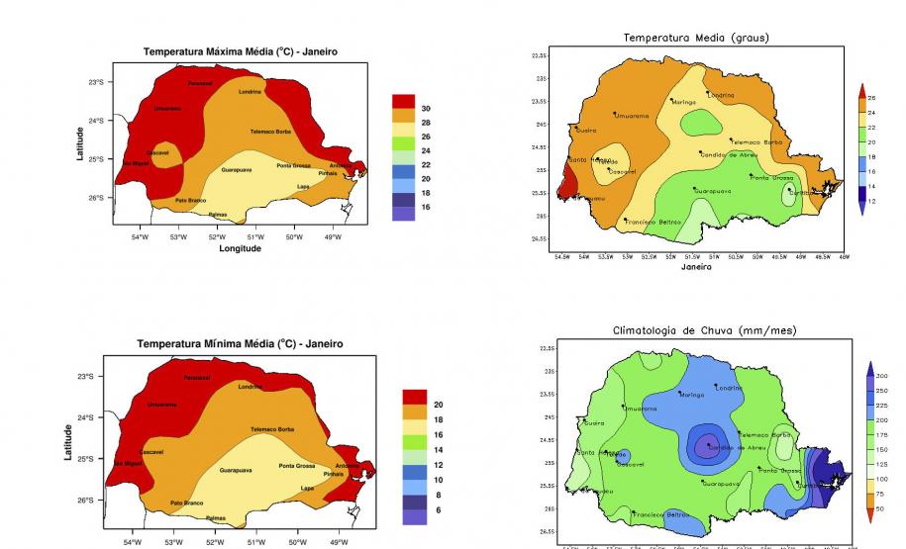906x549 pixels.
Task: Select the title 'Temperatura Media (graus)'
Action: [x=695, y=38]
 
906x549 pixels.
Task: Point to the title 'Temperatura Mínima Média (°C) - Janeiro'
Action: [x=240, y=343]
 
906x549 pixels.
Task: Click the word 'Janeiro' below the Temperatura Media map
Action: [x=696, y=266]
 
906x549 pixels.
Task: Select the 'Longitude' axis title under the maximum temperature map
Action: [x=240, y=248]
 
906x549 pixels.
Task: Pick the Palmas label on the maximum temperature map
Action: [x=217, y=214]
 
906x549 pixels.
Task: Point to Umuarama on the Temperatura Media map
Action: [x=632, y=116]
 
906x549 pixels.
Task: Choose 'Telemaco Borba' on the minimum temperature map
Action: [x=272, y=429]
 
